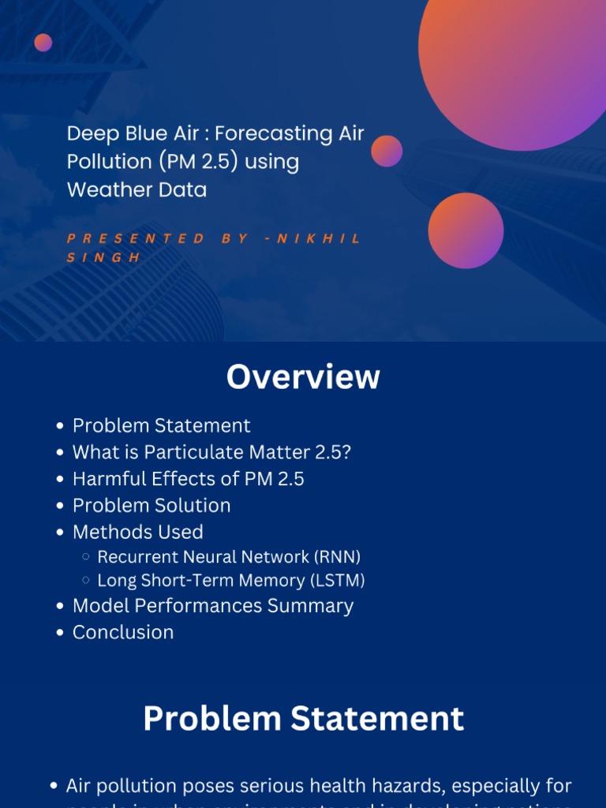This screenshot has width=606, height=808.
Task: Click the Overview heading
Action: point(303,377)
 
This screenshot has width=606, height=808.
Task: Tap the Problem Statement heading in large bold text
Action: point(303,719)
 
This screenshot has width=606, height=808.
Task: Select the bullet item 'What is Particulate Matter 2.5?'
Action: point(211,452)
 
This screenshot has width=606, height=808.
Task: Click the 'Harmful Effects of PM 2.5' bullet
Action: point(188,479)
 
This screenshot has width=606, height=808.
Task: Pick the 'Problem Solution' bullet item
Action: point(151,505)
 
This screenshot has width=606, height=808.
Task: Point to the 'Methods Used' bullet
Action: point(137,532)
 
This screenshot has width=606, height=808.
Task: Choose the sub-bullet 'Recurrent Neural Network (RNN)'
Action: point(229,557)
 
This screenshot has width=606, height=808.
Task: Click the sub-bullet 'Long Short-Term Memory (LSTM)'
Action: point(230,581)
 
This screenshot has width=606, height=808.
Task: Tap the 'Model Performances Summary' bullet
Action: point(212,606)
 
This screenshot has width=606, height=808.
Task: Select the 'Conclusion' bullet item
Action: point(122,632)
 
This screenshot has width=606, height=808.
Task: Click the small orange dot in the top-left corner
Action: point(43,43)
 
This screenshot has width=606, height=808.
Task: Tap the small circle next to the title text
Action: point(387,151)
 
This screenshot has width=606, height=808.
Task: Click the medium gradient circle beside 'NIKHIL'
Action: point(466,230)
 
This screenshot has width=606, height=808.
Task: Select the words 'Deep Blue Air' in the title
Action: point(133,133)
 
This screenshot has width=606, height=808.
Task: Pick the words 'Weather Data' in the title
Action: point(137,190)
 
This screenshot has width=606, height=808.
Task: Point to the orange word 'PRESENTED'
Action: point(135,238)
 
